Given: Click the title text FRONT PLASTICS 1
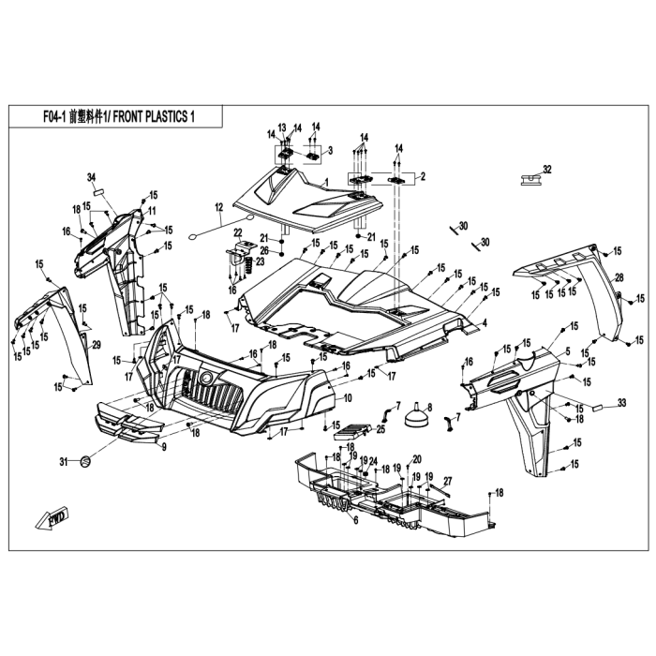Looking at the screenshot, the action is tap(154, 117).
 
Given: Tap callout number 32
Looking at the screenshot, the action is tap(547, 170).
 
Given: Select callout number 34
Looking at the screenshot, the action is tap(91, 177).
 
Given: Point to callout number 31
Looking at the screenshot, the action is tap(63, 462).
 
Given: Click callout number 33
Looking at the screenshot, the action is tap(621, 403).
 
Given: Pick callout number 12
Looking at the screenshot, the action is tap(219, 207).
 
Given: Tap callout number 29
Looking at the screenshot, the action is tap(97, 345).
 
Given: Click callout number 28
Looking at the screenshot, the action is tap(619, 277).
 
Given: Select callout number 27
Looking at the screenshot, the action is tap(448, 481).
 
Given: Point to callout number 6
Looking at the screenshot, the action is tap(356, 520).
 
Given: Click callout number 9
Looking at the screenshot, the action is tap(164, 447).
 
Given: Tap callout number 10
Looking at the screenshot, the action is tap(348, 398).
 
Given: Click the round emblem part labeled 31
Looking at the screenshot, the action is tap(85, 462).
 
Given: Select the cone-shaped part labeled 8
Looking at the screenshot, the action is tap(415, 417).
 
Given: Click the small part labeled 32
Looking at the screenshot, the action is tap(530, 180).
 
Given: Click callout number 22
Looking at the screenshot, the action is tap(238, 232).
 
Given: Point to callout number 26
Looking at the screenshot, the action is tap(264, 251).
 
